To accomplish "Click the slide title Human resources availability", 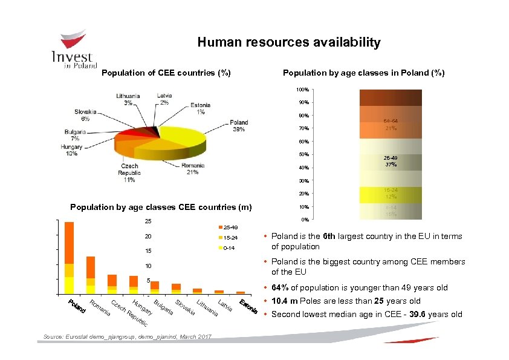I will (x=289, y=42).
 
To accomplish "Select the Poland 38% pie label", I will (x=238, y=126).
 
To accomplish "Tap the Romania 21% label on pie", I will (x=192, y=168).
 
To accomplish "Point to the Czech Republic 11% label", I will (x=129, y=172).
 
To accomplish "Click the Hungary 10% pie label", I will (x=71, y=150).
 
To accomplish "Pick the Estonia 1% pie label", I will (x=200, y=108).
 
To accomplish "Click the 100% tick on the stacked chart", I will (x=302, y=90).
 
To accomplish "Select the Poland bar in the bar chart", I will (x=69, y=257).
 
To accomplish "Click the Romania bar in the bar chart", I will (x=91, y=275).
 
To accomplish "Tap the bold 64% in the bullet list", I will (x=280, y=288).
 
